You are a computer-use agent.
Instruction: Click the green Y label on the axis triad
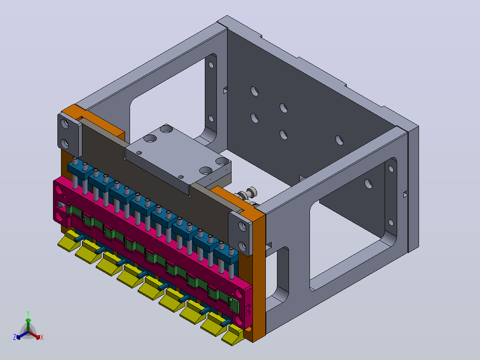pyautogui.click(x=28, y=313)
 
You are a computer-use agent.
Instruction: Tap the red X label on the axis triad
pyautogui.click(x=42, y=337)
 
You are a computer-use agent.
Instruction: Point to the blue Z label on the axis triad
pyautogui.click(x=15, y=337)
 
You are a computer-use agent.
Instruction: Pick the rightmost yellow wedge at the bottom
pyautogui.click(x=233, y=335)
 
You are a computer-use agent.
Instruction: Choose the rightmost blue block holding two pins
pyautogui.click(x=226, y=255)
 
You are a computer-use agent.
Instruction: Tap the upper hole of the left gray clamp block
pyautogui.click(x=65, y=124)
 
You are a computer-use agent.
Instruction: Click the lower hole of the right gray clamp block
pyautogui.click(x=242, y=246)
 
